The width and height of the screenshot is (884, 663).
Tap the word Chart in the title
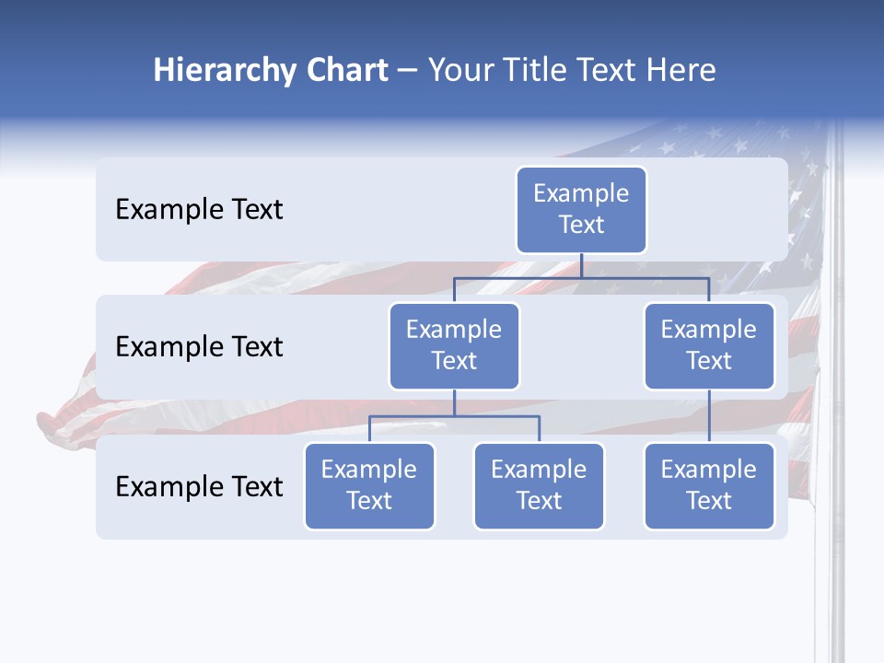coord(347,71)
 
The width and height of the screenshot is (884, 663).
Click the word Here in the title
coord(681,71)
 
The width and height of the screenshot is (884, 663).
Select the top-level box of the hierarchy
coord(581,209)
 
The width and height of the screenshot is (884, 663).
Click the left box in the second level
coord(454,345)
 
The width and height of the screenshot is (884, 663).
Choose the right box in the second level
coord(709,345)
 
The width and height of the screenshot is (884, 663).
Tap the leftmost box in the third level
coord(369,485)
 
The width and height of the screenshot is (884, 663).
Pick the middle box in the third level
coord(539,485)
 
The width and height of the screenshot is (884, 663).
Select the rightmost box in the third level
coord(709,485)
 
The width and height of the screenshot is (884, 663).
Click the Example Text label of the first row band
coord(199,210)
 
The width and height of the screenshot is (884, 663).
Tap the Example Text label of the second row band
coord(199,347)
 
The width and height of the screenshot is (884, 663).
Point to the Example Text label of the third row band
coord(199,486)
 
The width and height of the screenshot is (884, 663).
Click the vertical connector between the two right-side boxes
coord(709,416)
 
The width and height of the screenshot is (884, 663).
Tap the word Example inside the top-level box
coord(581,193)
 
